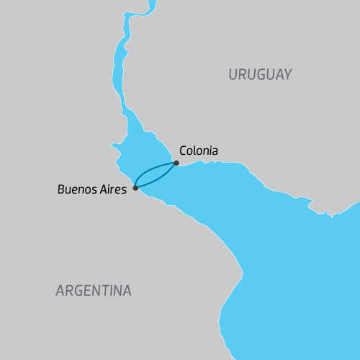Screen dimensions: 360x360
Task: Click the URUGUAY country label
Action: click(260, 74)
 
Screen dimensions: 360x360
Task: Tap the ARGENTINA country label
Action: click(94, 291)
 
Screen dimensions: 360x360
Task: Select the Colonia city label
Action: click(198, 151)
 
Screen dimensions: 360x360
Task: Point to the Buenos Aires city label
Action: click(92, 190)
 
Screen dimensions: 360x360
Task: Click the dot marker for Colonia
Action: click(176, 163)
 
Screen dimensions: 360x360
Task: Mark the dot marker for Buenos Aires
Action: click(135, 188)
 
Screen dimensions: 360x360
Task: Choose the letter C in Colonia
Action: click(182, 151)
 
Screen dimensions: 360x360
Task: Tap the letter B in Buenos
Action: click(61, 190)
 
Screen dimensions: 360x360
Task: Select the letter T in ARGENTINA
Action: click(105, 291)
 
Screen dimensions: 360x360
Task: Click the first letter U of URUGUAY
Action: click(233, 74)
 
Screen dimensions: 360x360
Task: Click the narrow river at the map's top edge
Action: click(149, 6)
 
